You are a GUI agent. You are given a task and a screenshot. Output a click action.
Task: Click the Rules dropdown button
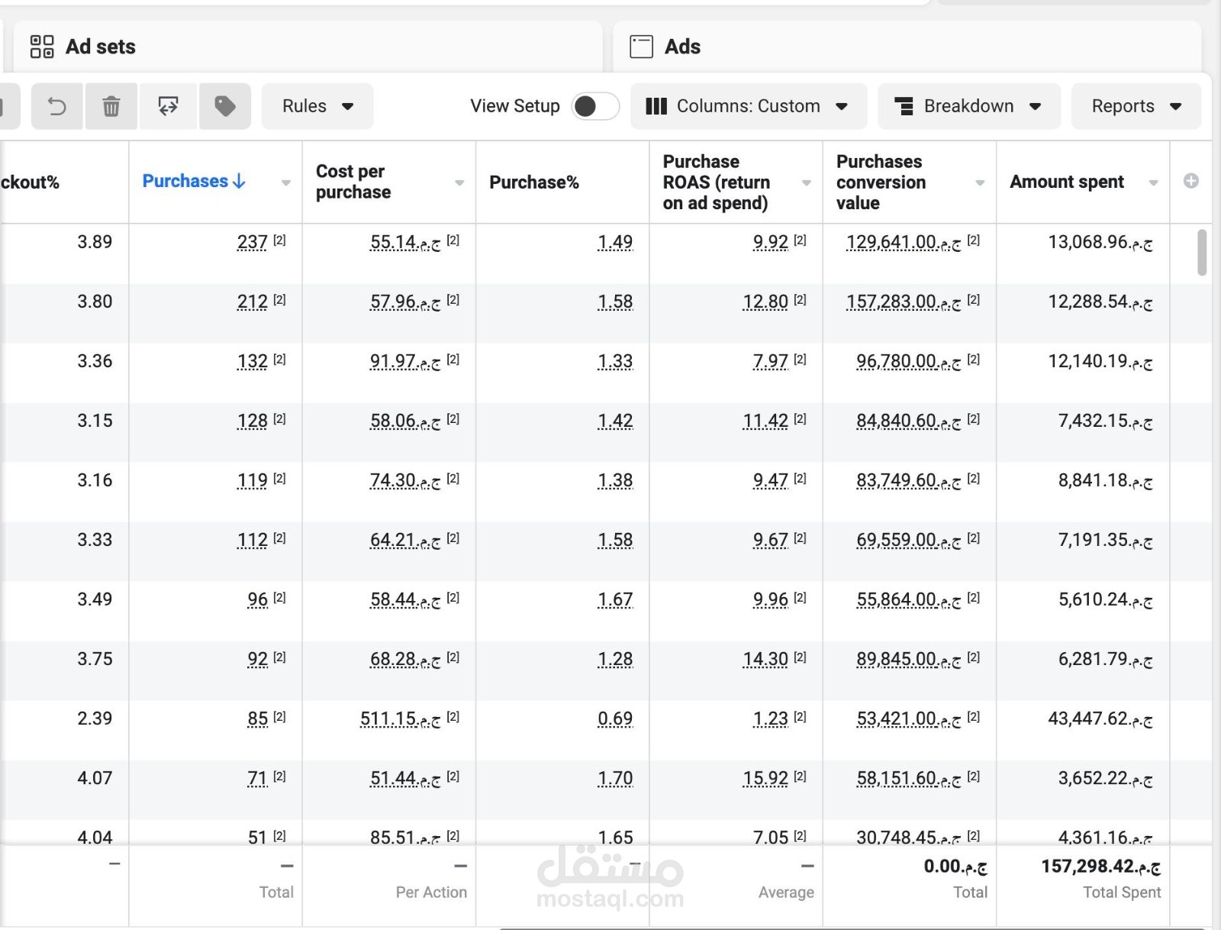(x=317, y=106)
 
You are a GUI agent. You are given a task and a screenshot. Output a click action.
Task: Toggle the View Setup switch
(x=595, y=106)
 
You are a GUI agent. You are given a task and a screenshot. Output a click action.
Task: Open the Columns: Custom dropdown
(x=748, y=106)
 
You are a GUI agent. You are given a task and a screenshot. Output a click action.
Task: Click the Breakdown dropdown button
(x=968, y=106)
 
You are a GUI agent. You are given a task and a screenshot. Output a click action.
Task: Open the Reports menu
(x=1136, y=106)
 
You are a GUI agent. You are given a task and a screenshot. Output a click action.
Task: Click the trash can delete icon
(x=111, y=106)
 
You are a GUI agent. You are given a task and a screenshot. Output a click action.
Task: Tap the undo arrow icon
(x=57, y=106)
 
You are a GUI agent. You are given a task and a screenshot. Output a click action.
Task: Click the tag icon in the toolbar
(x=225, y=106)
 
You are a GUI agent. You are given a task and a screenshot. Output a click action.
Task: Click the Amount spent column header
(x=1066, y=182)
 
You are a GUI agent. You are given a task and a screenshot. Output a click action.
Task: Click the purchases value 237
(x=253, y=242)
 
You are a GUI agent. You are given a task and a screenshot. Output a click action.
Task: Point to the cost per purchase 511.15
(x=388, y=718)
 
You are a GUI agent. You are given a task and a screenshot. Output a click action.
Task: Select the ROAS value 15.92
(x=765, y=778)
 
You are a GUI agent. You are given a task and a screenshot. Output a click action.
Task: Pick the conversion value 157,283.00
(x=891, y=302)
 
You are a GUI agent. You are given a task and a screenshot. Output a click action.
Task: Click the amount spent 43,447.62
(x=1088, y=718)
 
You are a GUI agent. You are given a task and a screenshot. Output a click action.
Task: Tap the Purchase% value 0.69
(x=615, y=718)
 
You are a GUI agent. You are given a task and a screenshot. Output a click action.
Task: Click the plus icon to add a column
(x=1190, y=181)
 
